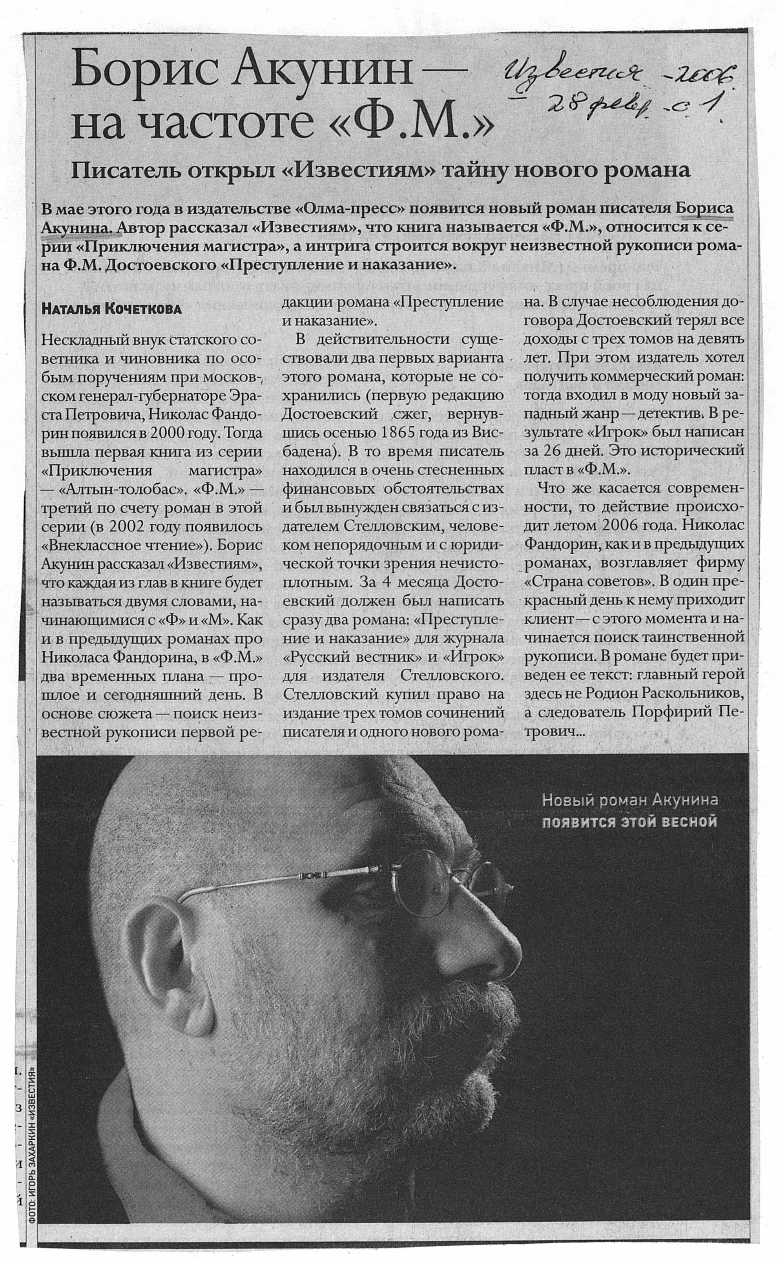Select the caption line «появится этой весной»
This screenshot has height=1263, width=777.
(x=629, y=821)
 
